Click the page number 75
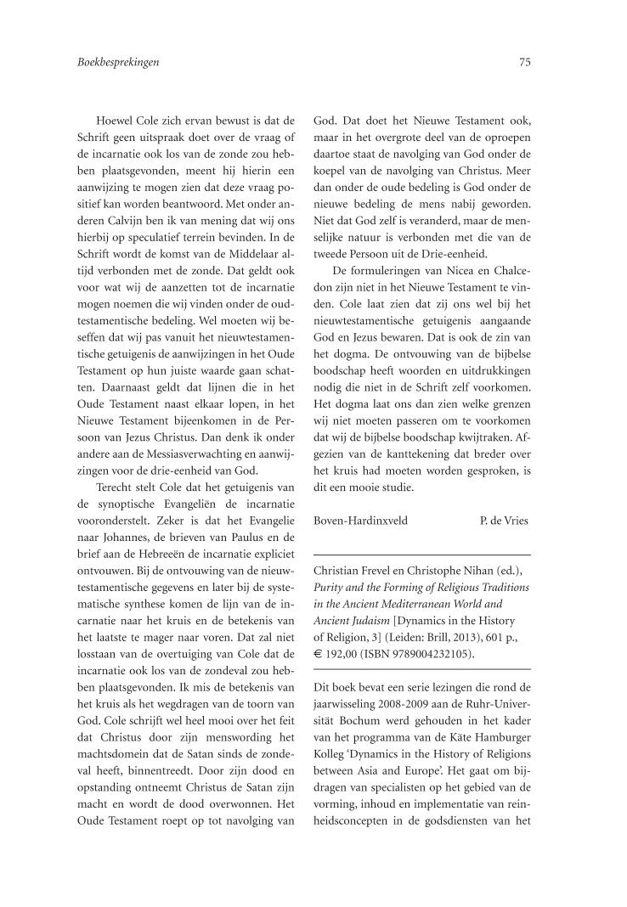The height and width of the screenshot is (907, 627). point(524,62)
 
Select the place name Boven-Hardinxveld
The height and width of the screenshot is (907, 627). point(360,521)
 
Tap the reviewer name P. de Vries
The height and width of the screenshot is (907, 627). point(504,521)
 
